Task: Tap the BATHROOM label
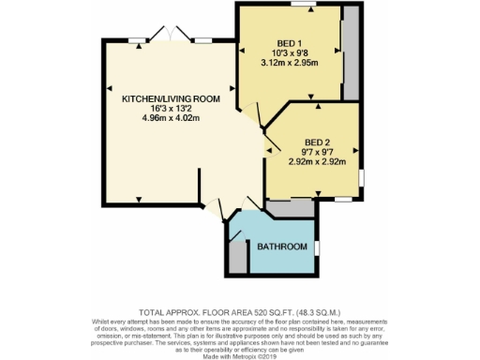pos(282,247)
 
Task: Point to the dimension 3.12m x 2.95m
pos(288,63)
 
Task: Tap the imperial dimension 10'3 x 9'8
pos(288,53)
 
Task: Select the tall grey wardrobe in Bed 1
pos(351,54)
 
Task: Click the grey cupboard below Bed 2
pos(290,208)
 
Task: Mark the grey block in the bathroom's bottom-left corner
pos(238,260)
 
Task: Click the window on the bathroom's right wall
pos(317,247)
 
